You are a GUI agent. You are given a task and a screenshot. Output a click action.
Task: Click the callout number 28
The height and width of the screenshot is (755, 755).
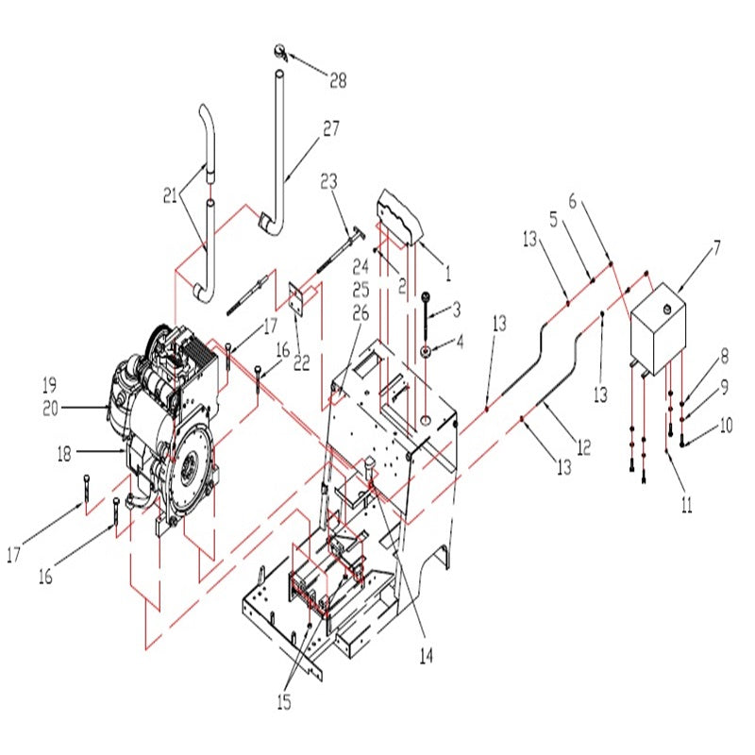point(337,81)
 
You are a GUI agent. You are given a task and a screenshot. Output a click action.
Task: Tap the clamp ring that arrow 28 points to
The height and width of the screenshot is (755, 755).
point(280,53)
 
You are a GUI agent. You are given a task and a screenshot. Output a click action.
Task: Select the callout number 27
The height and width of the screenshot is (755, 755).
point(331,128)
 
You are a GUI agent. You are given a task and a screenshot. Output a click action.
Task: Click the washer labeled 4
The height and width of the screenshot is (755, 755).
point(427,351)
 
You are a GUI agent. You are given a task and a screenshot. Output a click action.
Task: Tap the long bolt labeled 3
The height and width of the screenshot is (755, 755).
point(427,321)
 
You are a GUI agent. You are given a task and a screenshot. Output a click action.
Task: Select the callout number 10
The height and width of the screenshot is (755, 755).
point(726,426)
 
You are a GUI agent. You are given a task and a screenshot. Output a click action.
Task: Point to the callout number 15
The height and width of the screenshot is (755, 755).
point(284,702)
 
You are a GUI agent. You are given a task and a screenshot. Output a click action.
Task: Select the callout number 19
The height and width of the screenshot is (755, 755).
point(49,385)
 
